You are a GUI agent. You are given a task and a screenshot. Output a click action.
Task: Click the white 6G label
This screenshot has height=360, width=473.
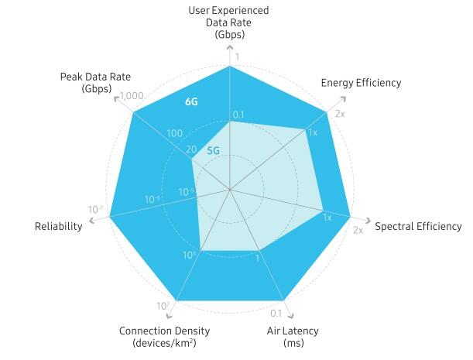[x=192, y=101]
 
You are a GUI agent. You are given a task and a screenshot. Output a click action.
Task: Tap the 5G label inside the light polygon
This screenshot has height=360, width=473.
[x=213, y=150]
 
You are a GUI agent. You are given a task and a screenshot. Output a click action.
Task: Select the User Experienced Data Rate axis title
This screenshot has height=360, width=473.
[x=230, y=22]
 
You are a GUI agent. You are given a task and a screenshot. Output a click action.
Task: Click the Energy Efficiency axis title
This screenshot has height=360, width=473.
[x=361, y=83]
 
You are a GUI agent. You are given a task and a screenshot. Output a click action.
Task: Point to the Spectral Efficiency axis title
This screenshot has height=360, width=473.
[x=418, y=227]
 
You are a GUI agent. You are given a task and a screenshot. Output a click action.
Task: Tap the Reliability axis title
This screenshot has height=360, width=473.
[x=58, y=227]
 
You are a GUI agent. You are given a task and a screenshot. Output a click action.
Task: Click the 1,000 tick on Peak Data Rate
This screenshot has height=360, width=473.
[x=133, y=96]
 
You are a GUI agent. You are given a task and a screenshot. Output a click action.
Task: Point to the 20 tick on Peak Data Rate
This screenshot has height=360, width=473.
[x=191, y=150]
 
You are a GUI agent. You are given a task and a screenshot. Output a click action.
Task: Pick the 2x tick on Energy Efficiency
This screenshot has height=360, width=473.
[x=340, y=114]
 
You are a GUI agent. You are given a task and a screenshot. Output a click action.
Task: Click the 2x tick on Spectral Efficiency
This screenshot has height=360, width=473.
[x=358, y=231]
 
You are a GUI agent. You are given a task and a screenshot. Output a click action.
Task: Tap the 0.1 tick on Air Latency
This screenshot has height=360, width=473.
[x=275, y=314]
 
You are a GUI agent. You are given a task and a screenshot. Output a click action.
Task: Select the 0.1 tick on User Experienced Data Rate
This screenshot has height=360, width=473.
[x=238, y=115]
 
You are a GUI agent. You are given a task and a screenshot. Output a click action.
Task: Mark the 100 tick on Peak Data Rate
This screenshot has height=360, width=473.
[x=174, y=133]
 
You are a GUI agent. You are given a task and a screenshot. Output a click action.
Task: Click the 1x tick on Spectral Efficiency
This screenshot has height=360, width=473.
[x=327, y=218]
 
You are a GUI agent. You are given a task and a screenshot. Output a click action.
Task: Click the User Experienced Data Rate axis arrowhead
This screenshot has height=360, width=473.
[x=230, y=47]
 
